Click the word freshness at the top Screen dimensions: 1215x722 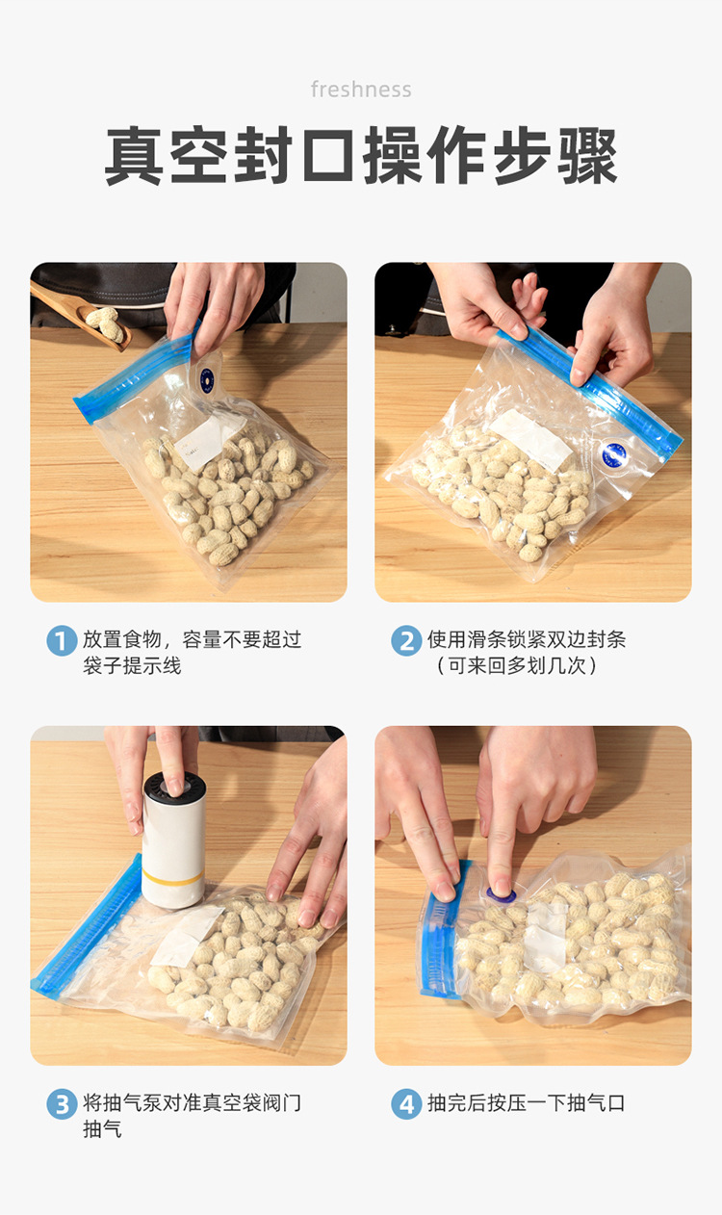tap(361, 90)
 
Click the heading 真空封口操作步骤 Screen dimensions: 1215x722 tap(361, 156)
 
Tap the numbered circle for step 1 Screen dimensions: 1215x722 tap(62, 640)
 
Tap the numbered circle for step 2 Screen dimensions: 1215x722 tap(406, 640)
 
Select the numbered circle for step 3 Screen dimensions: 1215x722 tap(62, 1103)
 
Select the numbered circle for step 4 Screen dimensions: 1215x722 tap(406, 1103)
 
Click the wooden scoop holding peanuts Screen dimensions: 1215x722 tap(82, 314)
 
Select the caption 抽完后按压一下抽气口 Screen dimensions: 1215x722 tap(527, 1103)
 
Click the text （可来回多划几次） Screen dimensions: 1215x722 tap(517, 665)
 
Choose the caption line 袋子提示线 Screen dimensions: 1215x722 tap(132, 665)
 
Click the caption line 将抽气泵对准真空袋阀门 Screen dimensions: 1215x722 tap(192, 1103)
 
